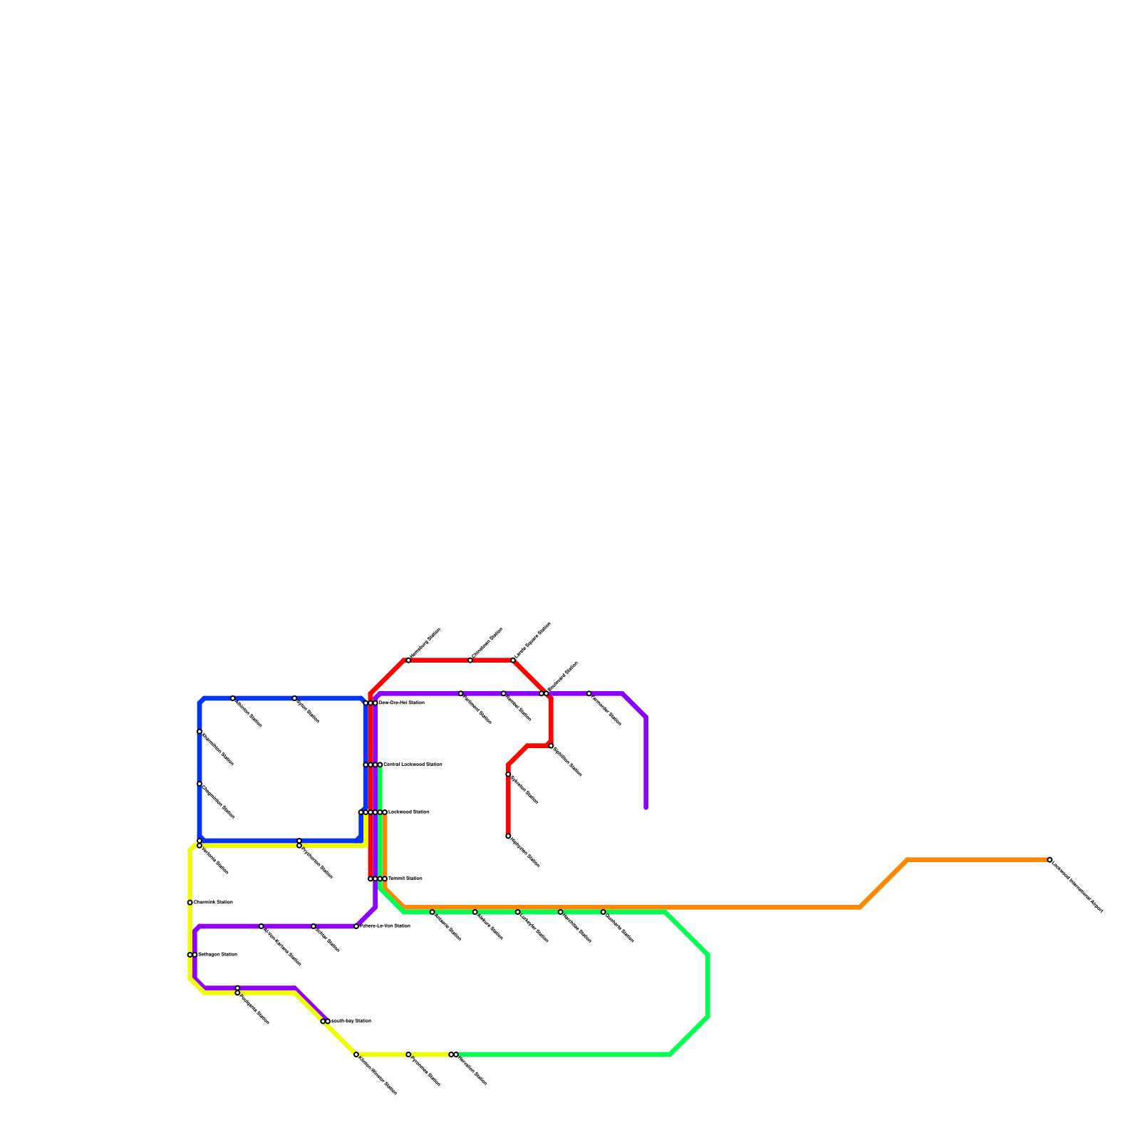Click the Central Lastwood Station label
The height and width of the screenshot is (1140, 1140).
(x=413, y=765)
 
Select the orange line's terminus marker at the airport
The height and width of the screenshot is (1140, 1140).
(x=1050, y=860)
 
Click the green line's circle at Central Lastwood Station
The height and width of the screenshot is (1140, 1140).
(x=380, y=765)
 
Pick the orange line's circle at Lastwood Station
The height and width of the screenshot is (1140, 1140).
(x=385, y=812)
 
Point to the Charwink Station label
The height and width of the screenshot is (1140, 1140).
(x=213, y=903)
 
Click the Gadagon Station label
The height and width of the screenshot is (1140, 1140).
(x=217, y=954)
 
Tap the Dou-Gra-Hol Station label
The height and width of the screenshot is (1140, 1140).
(x=402, y=703)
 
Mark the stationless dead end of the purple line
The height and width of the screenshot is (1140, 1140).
(x=646, y=808)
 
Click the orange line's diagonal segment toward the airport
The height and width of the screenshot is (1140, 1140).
(x=883, y=883)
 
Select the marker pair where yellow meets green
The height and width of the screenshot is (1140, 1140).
(x=453, y=1054)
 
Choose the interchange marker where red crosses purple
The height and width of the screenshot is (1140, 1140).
(x=544, y=693)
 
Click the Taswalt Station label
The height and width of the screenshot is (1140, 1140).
(x=405, y=879)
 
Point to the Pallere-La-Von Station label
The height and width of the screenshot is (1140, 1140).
(x=385, y=926)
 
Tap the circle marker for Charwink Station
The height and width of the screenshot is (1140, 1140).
(x=190, y=903)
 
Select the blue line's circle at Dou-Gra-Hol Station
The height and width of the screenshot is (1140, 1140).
(x=366, y=703)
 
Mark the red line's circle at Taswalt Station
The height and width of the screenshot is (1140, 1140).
(x=370, y=879)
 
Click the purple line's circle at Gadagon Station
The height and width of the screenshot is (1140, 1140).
(x=195, y=955)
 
